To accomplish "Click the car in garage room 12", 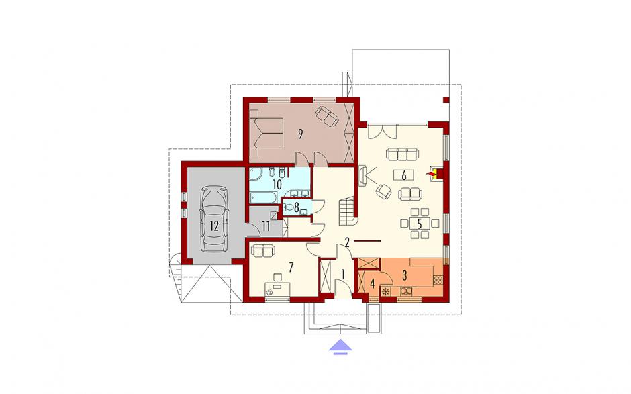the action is (213, 219).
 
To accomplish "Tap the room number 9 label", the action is (300, 134).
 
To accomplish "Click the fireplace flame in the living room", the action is (432, 173).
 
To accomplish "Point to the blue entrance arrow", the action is (340, 347).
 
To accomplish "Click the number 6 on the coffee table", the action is (404, 175).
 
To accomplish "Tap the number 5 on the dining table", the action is (420, 224).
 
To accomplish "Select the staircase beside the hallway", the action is (347, 211).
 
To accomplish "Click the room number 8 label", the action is (296, 207).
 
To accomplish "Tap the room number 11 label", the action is (266, 226).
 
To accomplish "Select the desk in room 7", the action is (277, 289).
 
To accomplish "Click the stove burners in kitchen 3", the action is (438, 279).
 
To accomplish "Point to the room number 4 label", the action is (373, 284).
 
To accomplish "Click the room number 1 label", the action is (343, 274).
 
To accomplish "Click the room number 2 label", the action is (347, 242).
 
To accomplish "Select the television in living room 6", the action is (362, 175).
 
